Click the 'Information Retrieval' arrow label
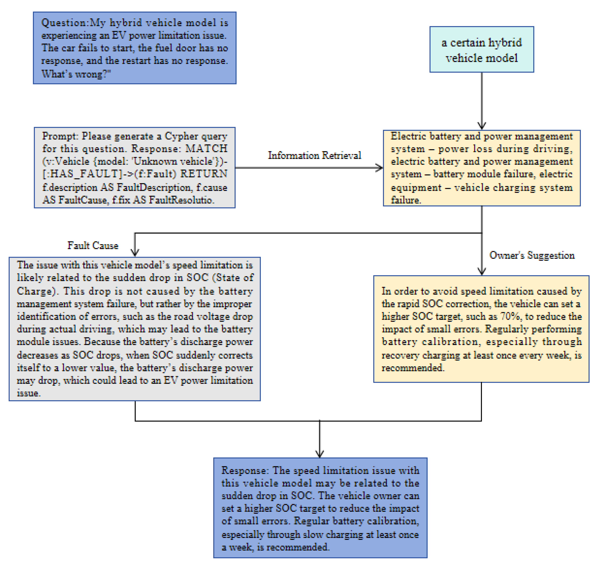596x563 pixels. point(314,155)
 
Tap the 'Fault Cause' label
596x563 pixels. point(93,245)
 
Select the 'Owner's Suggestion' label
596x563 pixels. point(532,255)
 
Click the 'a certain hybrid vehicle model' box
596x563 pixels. point(482,50)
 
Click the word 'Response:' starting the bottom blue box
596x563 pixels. point(244,470)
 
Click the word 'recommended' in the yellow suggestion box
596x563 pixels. point(412,368)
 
